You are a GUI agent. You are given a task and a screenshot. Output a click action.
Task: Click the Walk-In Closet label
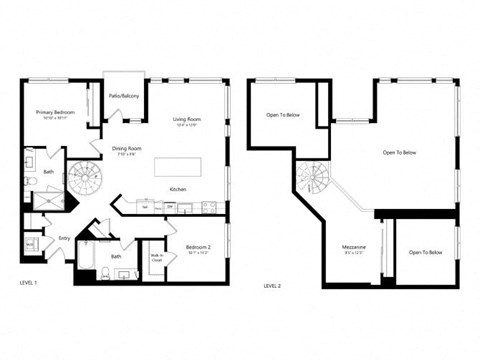pos(155,258)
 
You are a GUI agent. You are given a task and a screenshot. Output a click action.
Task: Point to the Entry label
pos(64,238)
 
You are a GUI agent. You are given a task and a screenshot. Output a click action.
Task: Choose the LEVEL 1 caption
pos(28,283)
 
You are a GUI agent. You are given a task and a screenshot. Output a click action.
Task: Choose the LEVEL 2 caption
pos(272,285)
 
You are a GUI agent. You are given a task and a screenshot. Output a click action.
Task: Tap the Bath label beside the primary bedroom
pos(49,172)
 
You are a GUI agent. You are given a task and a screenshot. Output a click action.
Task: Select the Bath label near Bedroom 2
pos(116,257)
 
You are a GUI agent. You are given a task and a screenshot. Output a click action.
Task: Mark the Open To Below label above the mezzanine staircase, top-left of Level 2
pos(283,115)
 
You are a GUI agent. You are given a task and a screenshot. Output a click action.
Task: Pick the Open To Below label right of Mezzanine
pos(425,253)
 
